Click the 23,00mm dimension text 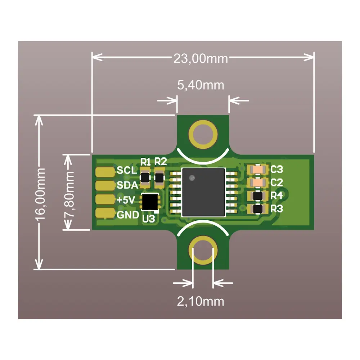tap(201, 58)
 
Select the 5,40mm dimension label tap(201, 85)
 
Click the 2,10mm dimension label tap(200, 301)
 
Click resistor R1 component tap(145, 177)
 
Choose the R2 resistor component tap(159, 177)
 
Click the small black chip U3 tap(150, 202)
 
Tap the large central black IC tap(203, 192)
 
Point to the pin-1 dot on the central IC tap(192, 177)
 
